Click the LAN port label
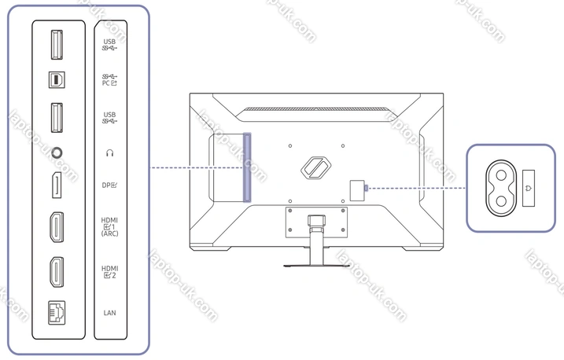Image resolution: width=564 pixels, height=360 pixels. click(109, 313)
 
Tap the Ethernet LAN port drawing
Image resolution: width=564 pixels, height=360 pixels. click(57, 313)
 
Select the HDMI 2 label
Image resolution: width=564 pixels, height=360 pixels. click(109, 272)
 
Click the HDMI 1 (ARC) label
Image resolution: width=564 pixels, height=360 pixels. click(109, 226)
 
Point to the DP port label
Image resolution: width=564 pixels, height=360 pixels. click(109, 185)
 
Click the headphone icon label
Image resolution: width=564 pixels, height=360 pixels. click(109, 153)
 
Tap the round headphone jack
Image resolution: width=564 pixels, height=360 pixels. click(57, 153)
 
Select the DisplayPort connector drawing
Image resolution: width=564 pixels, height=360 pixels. click(57, 185)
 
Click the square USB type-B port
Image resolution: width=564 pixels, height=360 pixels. click(57, 79)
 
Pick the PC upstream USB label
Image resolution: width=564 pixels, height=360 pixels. click(109, 79)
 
